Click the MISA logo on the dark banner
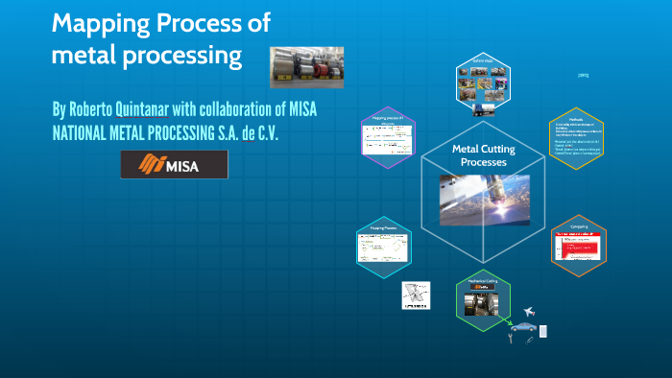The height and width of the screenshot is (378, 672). click(174, 165)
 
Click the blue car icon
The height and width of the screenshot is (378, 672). click(524, 327)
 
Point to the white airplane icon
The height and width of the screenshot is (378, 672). click(529, 312)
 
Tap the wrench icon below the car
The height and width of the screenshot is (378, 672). click(510, 339)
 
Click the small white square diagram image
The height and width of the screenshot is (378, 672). click(415, 296)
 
